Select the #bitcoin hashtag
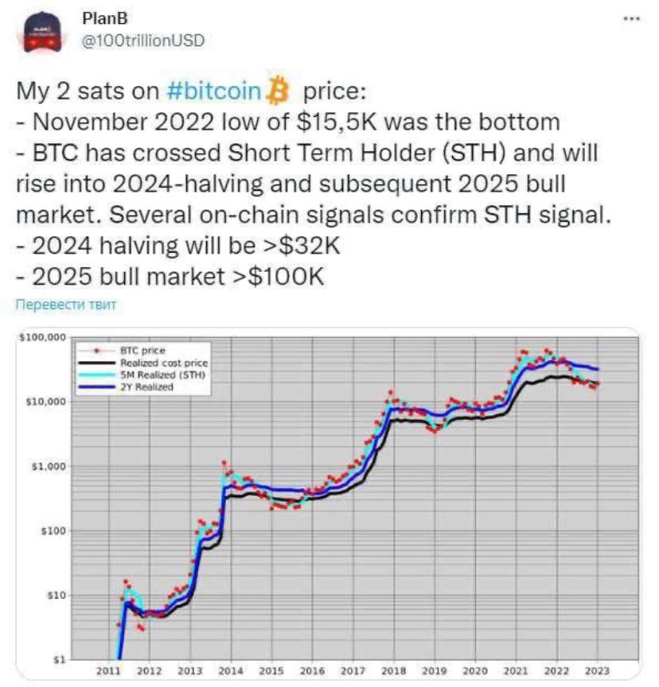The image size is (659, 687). (x=214, y=91)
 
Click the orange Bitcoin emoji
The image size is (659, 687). (x=278, y=91)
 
